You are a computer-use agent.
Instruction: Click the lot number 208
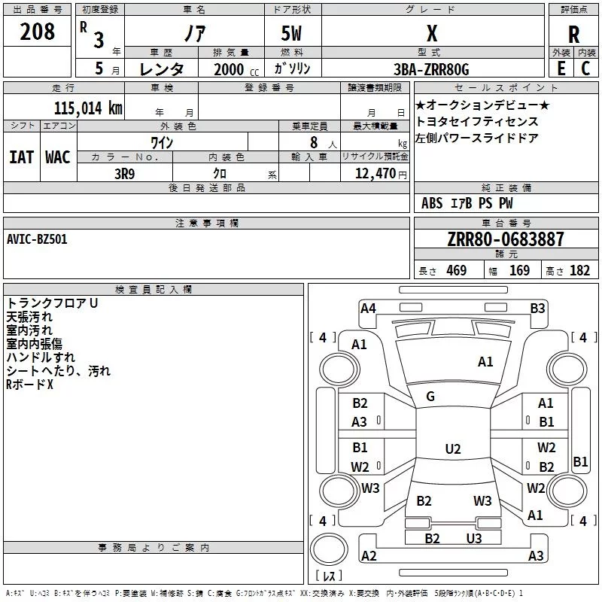coord(38,32)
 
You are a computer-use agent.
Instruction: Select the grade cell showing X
coord(432,34)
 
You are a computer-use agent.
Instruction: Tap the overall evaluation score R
coord(574,35)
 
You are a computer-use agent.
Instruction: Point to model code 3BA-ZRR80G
coord(431,69)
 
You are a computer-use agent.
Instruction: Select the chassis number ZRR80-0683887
coord(506,240)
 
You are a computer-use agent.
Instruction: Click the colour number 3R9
coord(125,173)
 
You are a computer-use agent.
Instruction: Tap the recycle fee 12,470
coord(374,173)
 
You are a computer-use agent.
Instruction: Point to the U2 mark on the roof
coord(452,449)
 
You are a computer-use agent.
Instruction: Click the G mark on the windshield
coord(430,397)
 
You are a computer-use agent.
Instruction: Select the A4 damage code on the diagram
coord(368,308)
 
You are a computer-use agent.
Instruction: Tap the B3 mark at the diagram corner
coord(537,308)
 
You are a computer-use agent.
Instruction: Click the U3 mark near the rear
coord(473,538)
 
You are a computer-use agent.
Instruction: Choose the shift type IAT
coord(21,157)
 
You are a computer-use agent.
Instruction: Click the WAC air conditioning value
coord(57,157)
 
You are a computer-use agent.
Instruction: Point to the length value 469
coord(456,271)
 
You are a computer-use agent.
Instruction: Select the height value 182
coord(579,271)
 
